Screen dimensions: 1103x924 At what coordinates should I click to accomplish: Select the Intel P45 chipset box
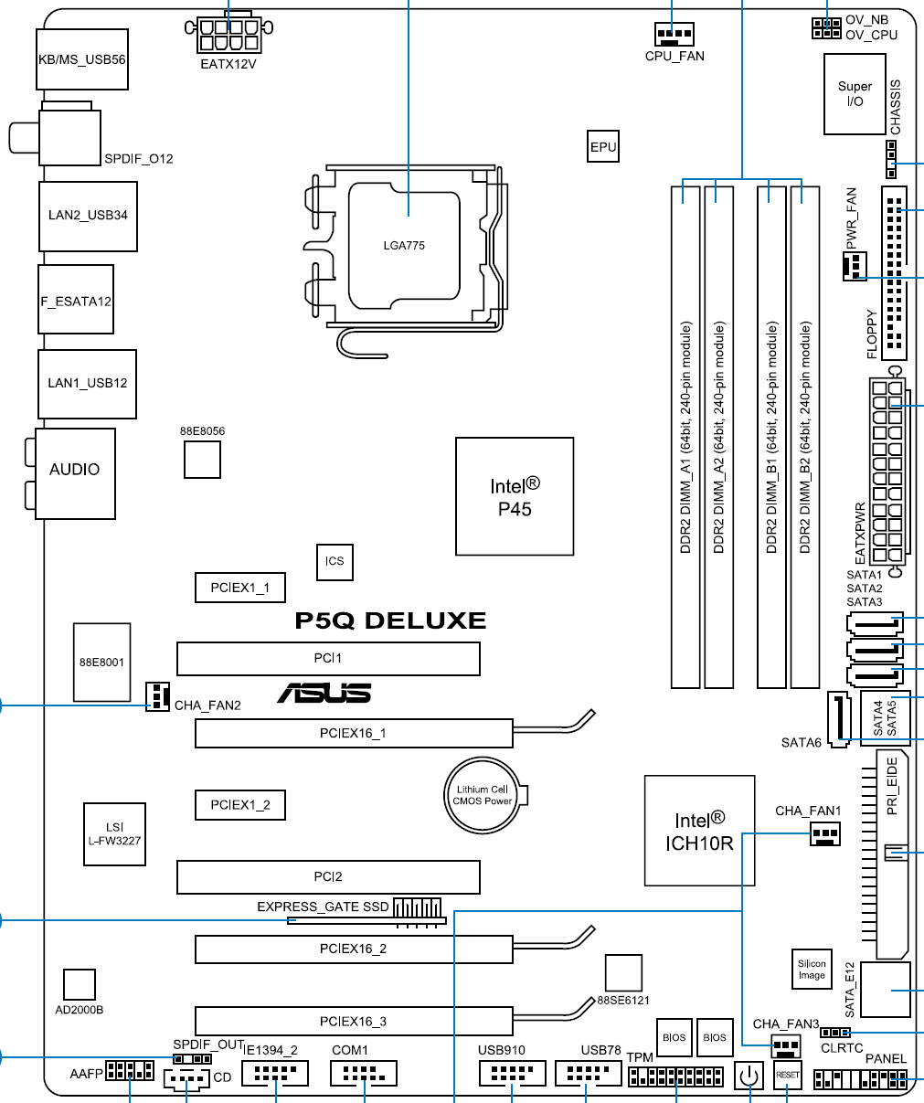point(515,496)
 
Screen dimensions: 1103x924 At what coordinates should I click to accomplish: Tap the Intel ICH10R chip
point(699,831)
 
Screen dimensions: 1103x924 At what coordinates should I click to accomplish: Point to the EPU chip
point(603,146)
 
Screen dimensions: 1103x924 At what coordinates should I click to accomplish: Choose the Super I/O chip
point(855,94)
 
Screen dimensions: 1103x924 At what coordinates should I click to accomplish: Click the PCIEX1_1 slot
point(239,588)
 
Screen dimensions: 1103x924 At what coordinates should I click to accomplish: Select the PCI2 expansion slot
point(328,876)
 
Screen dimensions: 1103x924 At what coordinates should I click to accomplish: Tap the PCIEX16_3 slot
point(353,1021)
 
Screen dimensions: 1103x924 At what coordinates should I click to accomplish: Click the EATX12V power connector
point(228,36)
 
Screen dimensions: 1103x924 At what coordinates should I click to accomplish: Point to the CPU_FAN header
point(674,36)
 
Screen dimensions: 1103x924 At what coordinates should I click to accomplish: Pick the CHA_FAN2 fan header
point(157,696)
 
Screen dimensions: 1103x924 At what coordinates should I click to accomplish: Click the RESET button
point(787,1076)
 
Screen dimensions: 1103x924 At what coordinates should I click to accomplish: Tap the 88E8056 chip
point(202,459)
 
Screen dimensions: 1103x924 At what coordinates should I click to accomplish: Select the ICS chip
point(335,560)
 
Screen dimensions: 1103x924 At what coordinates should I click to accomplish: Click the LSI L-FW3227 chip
point(114,834)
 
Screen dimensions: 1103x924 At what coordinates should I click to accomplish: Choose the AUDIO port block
point(75,473)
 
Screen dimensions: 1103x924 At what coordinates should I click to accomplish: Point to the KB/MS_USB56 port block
point(82,59)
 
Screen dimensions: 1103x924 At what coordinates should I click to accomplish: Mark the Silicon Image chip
point(812,970)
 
